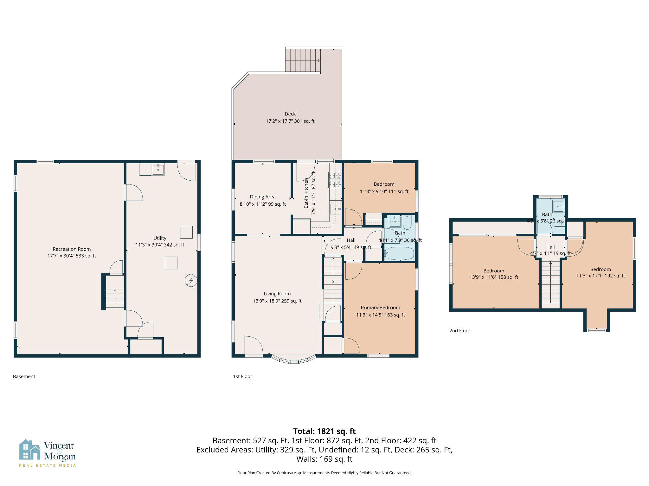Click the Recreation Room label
(x=72, y=249)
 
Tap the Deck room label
(x=290, y=114)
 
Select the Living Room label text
(x=277, y=294)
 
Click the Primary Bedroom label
(x=380, y=308)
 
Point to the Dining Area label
(x=263, y=197)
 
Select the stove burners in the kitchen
(x=335, y=180)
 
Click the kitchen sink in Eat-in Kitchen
(x=335, y=209)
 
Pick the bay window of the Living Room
(x=294, y=360)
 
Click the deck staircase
(x=303, y=60)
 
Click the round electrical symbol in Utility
(x=191, y=280)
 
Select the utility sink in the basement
(x=158, y=169)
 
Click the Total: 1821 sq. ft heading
(x=324, y=431)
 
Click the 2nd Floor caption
(x=459, y=331)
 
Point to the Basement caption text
(x=24, y=377)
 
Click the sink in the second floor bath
(x=558, y=206)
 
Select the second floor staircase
(x=551, y=283)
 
